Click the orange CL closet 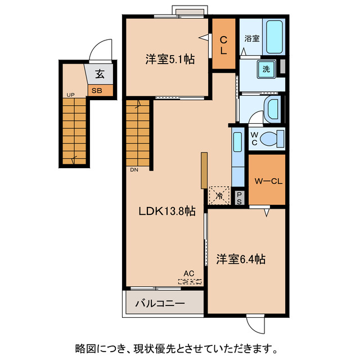223,44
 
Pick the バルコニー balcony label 160,304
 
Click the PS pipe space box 239,197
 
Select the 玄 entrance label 99,74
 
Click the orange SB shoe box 98,90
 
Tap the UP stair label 70,95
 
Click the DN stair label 134,169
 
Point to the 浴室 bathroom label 251,39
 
